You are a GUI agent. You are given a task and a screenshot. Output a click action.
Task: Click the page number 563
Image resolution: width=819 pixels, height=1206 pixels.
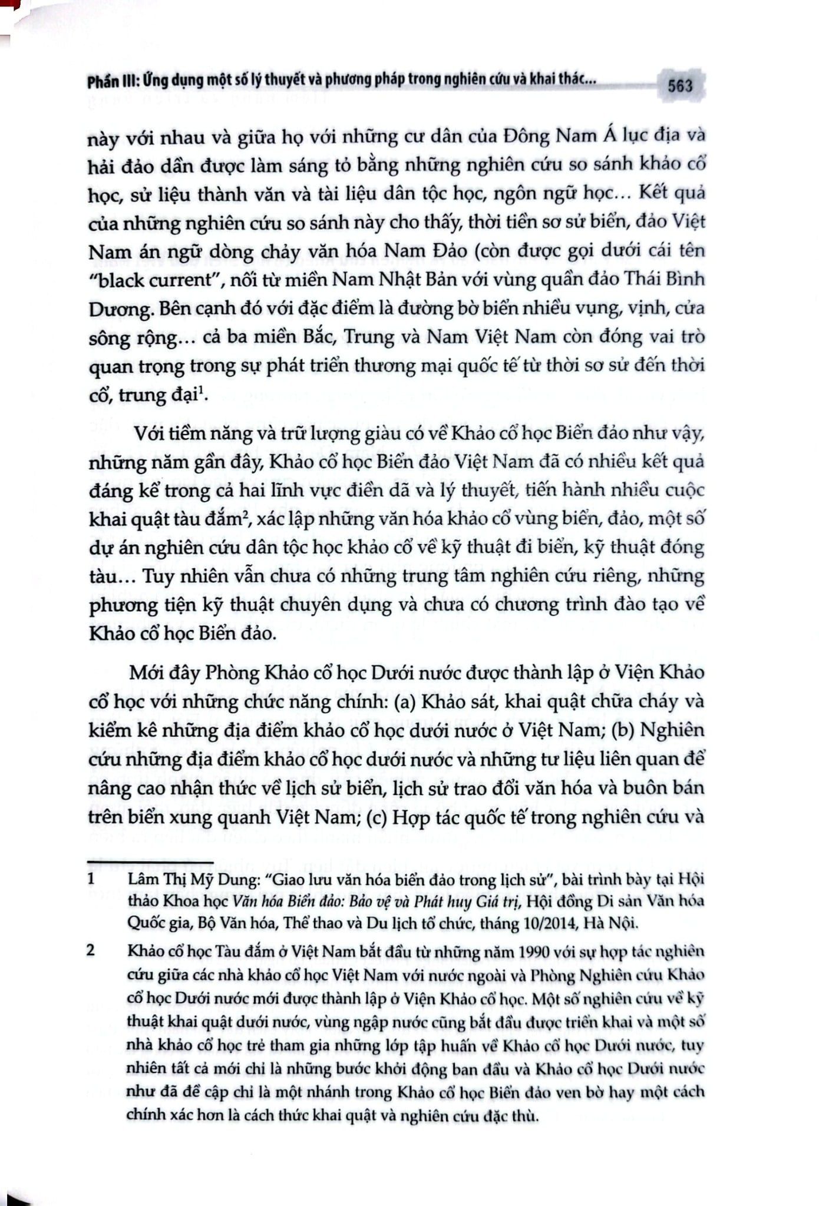pyautogui.click(x=680, y=86)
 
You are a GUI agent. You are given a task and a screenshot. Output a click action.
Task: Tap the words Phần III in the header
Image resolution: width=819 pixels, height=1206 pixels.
pyautogui.click(x=111, y=81)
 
